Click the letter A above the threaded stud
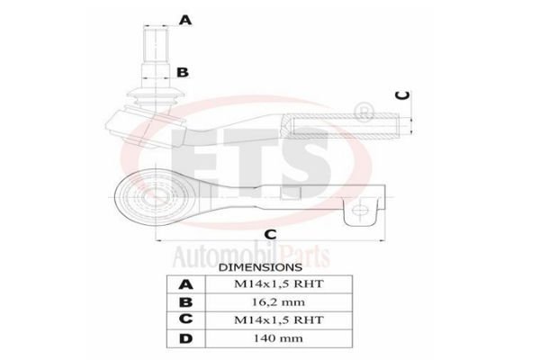point(185,20)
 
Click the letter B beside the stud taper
point(183,72)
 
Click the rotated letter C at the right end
point(402,95)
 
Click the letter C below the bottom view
point(270,234)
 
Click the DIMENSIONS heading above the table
point(260,267)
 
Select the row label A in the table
point(186,284)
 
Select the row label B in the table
point(186,302)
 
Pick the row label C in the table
point(186,319)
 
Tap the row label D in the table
point(186,338)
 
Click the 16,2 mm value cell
point(279,302)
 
